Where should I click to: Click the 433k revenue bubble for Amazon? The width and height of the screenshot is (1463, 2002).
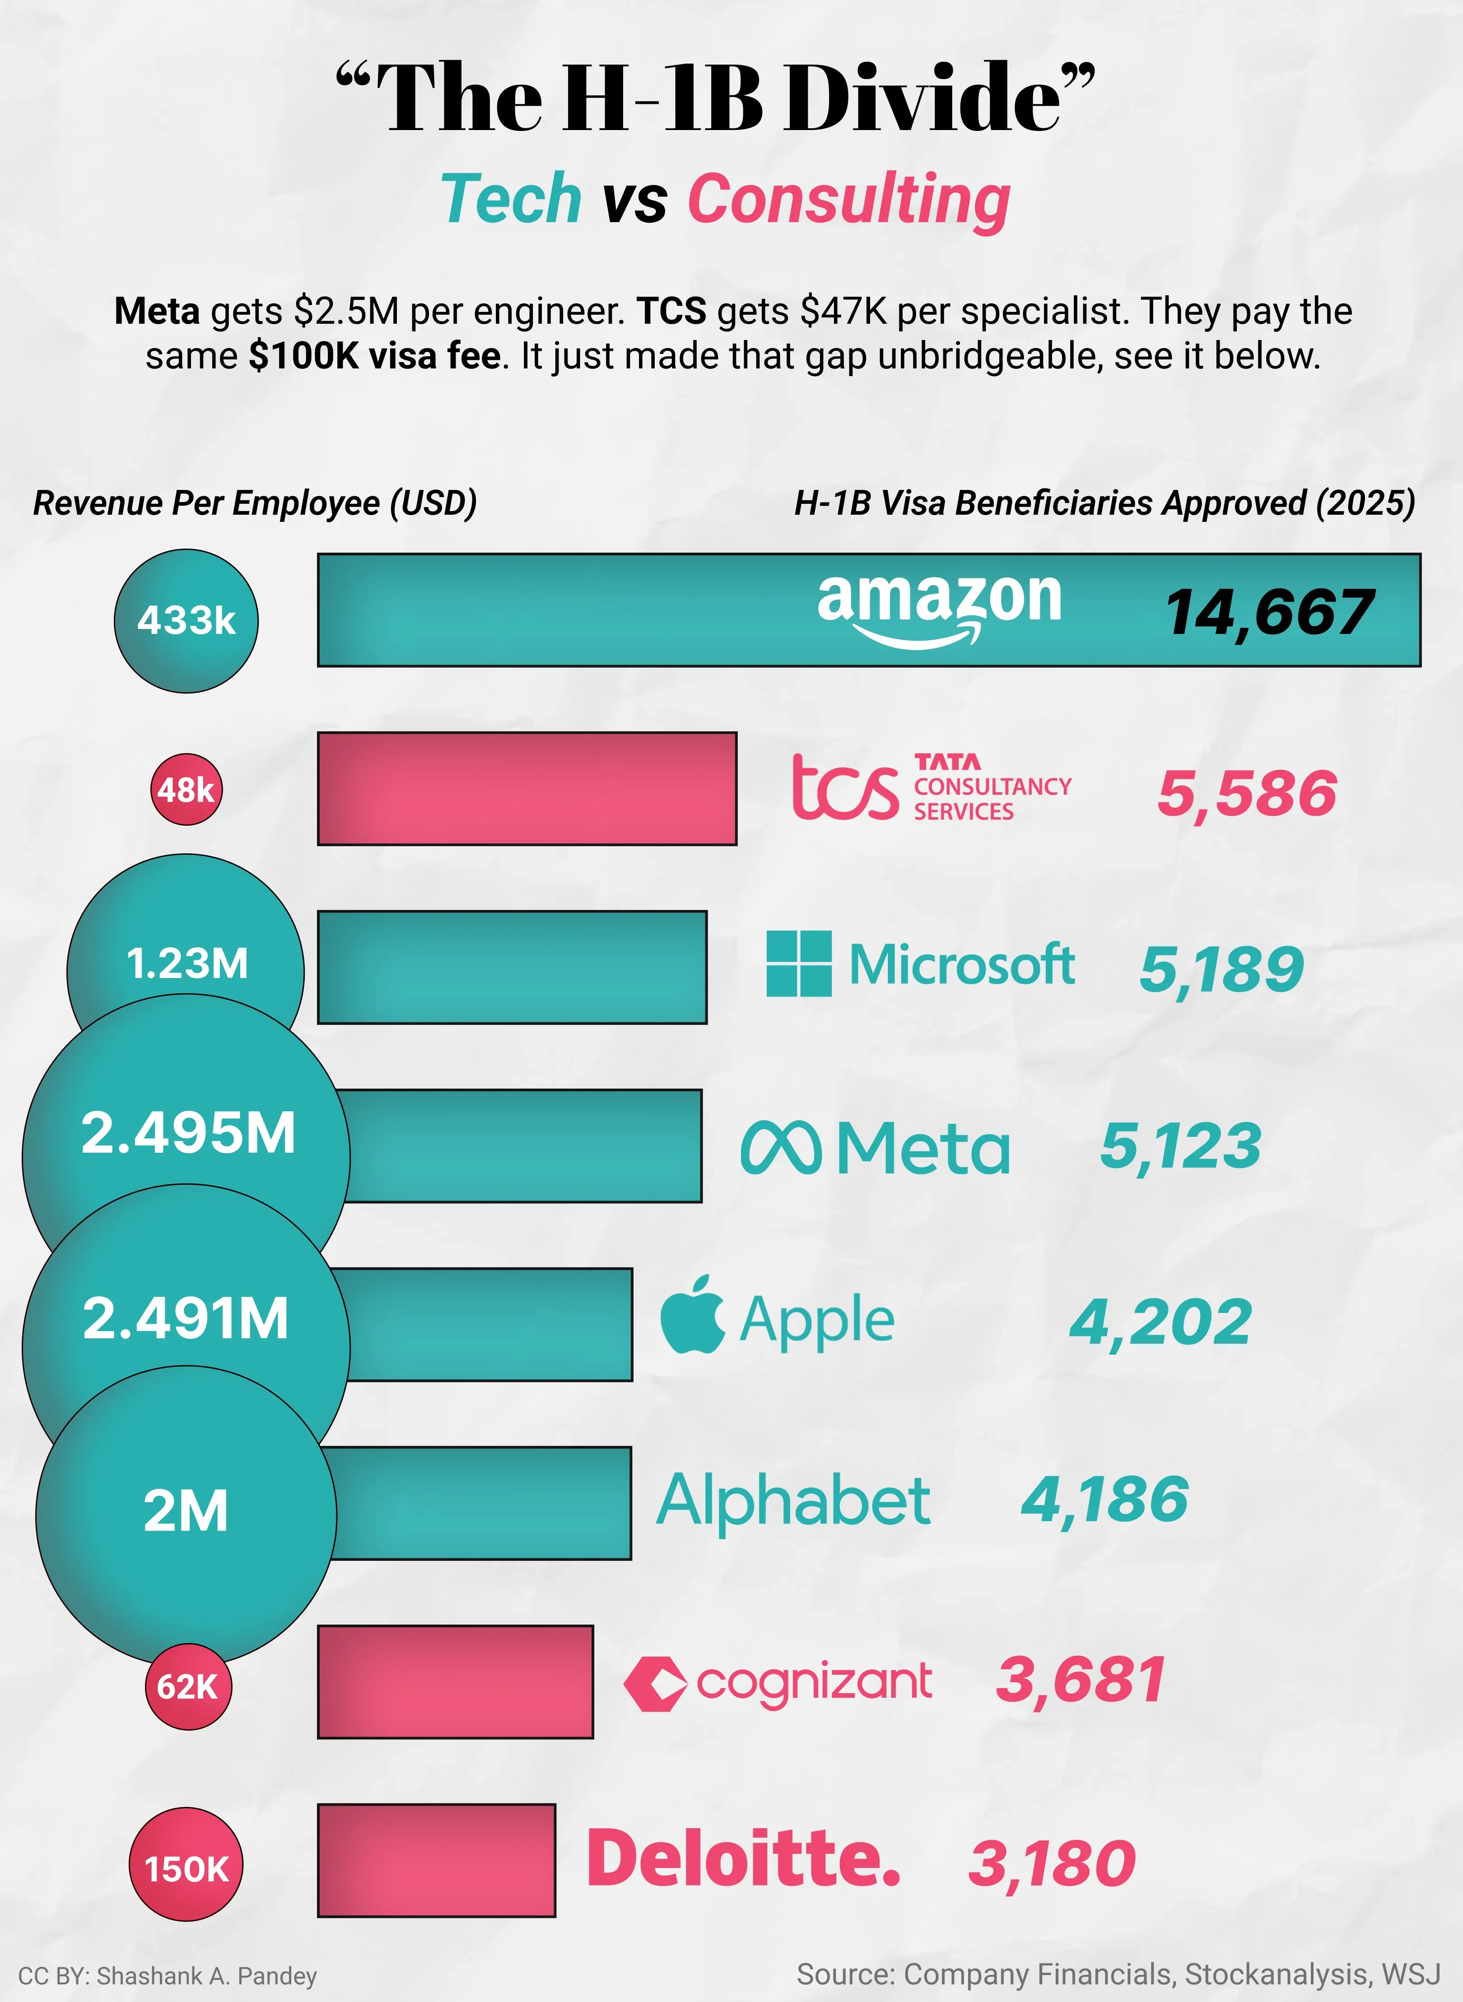pyautogui.click(x=186, y=621)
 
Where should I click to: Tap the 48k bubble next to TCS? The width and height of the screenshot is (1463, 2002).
pyautogui.click(x=186, y=789)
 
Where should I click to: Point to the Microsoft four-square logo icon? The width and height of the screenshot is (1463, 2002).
pyautogui.click(x=798, y=964)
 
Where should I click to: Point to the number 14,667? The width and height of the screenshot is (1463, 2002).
pyautogui.click(x=1268, y=613)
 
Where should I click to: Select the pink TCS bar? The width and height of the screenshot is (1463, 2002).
pyautogui.click(x=527, y=788)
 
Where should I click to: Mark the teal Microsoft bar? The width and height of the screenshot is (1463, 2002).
pyautogui.click(x=512, y=967)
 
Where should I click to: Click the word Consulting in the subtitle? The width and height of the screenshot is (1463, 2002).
pyautogui.click(x=848, y=200)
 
